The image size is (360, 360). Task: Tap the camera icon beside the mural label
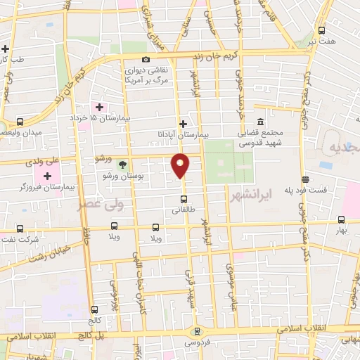(146, 60)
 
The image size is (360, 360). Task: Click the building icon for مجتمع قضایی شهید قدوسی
(260, 121)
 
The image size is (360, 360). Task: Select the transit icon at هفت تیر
(321, 30)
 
